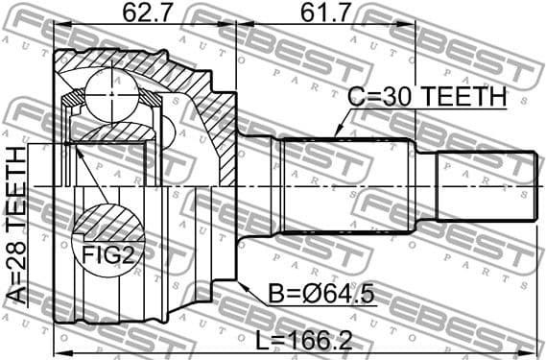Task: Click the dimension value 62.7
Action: pyautogui.click(x=148, y=12)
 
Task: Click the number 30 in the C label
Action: pyautogui.click(x=394, y=97)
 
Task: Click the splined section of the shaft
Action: pyautogui.click(x=345, y=185)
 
